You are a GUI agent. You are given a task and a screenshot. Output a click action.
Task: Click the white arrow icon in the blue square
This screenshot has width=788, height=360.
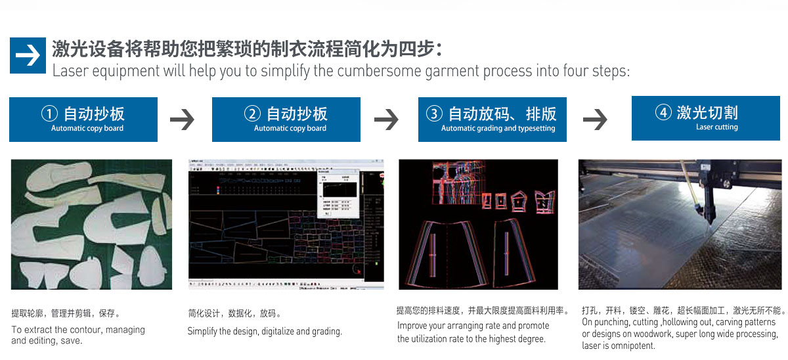coord(28,55)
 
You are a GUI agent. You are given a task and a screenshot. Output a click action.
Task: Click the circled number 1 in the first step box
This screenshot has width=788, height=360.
coord(51,114)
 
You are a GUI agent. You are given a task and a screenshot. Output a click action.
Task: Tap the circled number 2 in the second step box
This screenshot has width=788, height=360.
coord(253,114)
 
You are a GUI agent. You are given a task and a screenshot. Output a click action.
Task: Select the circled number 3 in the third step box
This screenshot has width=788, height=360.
coord(434,114)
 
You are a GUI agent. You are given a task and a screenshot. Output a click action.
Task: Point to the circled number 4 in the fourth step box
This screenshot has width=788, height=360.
coord(663,112)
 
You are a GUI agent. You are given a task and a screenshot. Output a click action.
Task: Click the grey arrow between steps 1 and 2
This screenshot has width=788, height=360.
coord(183,119)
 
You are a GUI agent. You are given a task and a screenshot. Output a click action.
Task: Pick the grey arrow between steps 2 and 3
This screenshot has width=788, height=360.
coord(387,119)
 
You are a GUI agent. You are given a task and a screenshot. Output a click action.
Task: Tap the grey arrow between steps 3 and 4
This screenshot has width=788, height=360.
coord(595,119)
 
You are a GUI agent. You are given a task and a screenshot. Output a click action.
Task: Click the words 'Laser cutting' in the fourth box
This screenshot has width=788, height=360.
coord(716,127)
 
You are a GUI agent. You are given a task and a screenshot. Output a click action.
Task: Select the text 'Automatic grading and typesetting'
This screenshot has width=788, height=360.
coord(498,129)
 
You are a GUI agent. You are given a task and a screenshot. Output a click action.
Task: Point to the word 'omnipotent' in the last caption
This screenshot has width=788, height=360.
coord(632,346)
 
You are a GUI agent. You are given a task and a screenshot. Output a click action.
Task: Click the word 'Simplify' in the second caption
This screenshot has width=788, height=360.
coord(203,332)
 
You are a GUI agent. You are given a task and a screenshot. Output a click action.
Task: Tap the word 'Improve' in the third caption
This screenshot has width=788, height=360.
coord(413,326)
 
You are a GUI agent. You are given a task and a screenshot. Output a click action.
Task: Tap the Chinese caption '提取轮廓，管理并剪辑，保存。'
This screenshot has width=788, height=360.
coord(66,313)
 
